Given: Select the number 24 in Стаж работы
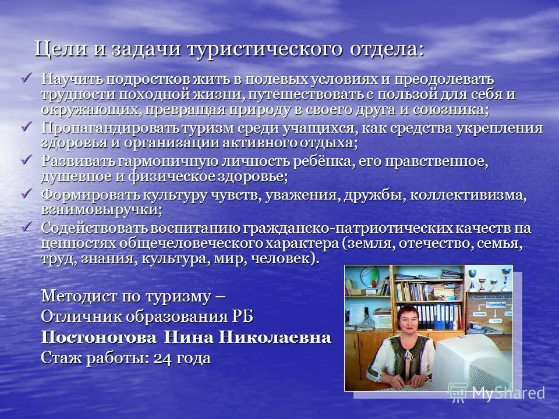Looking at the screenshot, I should pos(161,358).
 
